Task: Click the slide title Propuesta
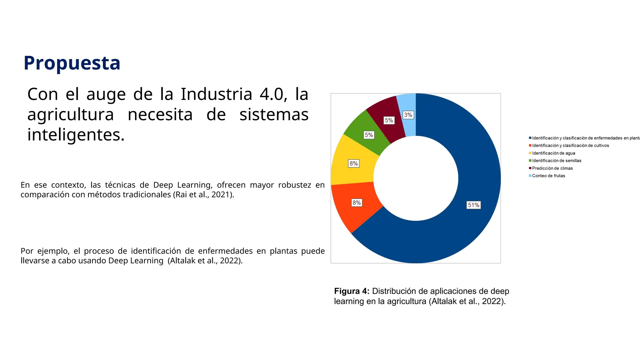click(x=72, y=63)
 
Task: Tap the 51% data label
click(x=473, y=205)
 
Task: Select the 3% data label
click(x=408, y=115)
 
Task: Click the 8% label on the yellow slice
click(x=353, y=163)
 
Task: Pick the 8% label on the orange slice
click(x=357, y=202)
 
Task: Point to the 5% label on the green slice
click(x=369, y=135)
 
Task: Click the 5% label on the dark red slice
click(x=389, y=120)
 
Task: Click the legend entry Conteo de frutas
click(x=548, y=176)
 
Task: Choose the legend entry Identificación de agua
click(x=553, y=153)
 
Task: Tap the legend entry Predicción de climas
click(x=552, y=168)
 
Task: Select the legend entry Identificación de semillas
click(x=557, y=161)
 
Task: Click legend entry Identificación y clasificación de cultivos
click(x=570, y=146)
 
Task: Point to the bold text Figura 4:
click(x=352, y=291)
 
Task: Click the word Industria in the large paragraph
click(x=216, y=94)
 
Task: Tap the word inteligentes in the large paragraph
click(x=76, y=135)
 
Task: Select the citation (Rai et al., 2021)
click(x=203, y=195)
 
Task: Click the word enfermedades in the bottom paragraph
click(x=225, y=251)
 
